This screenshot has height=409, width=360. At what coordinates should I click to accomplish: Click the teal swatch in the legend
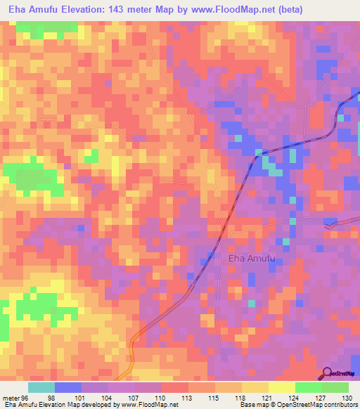click(41, 387)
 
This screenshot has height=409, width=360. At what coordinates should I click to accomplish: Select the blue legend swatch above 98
click(68, 387)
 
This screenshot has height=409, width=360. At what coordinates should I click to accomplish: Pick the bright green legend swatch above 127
click(309, 387)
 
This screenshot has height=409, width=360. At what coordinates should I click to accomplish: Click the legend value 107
click(135, 397)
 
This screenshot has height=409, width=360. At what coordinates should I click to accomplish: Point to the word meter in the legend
click(12, 397)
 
